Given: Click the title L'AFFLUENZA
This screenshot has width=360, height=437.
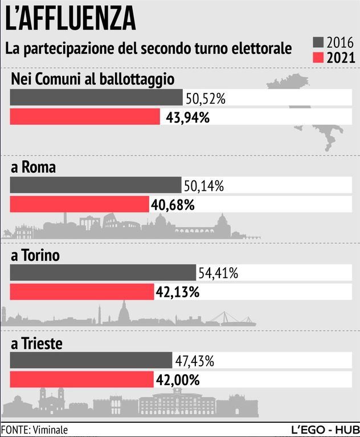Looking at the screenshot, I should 70,18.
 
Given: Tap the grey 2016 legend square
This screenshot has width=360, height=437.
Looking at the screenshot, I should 318,42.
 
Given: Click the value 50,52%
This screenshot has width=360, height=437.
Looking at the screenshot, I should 205,99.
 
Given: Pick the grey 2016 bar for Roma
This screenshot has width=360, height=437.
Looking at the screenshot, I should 96,185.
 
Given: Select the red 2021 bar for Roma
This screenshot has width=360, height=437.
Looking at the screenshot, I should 79,204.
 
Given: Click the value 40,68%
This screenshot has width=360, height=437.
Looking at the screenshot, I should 172,205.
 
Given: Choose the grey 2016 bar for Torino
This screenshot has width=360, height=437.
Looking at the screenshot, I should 103,273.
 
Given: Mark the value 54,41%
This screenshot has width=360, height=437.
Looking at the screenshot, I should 218,273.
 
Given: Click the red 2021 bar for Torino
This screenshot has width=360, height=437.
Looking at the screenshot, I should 82,292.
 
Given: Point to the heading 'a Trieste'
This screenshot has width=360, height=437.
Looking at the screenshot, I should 36,344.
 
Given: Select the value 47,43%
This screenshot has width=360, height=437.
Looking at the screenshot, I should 194,361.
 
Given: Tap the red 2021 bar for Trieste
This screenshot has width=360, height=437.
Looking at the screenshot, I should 82,379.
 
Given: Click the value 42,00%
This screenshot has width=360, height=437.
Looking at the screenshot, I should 177,379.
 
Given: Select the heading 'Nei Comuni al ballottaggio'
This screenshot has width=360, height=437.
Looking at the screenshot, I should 92,80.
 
